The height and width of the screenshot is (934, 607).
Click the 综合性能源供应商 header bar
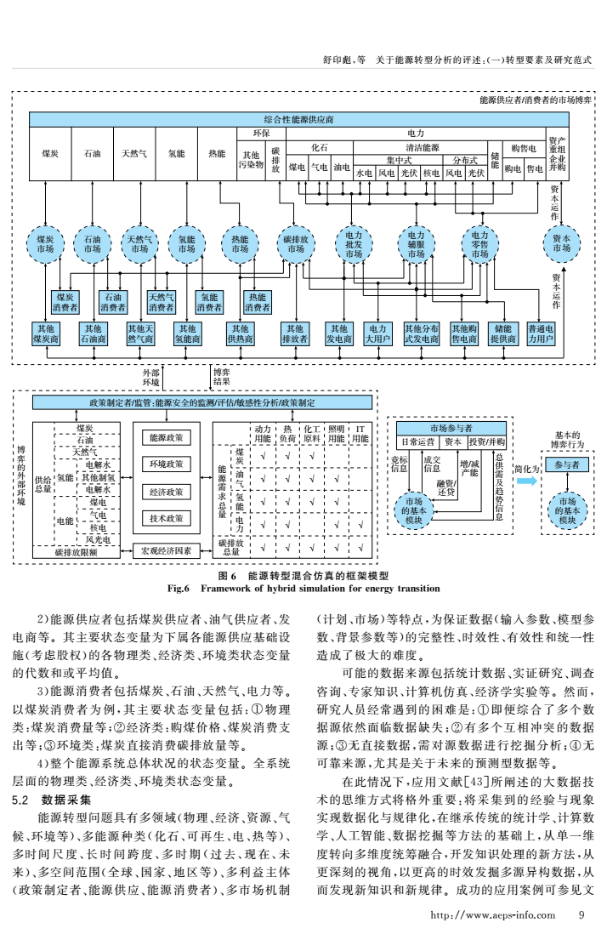tap(298, 118)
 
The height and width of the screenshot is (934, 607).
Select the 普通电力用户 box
tap(541, 333)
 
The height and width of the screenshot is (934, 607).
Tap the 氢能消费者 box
tap(210, 302)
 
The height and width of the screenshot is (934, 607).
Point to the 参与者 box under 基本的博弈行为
tap(567, 465)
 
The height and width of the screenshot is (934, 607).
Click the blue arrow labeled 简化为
tap(528, 481)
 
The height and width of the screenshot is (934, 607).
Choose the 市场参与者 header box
tap(451, 427)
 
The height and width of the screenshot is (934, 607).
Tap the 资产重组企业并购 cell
tap(557, 154)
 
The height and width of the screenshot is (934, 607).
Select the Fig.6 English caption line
tap(303, 588)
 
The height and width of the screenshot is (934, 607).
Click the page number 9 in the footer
tap(581, 915)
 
